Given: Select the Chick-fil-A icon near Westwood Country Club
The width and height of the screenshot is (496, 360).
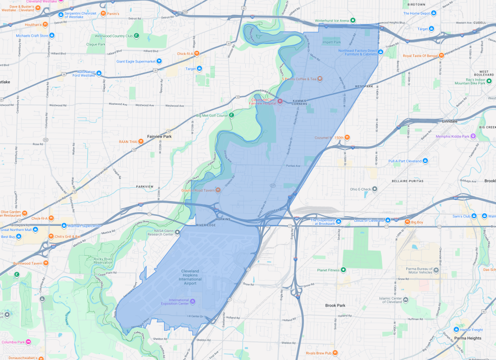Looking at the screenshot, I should [197, 53].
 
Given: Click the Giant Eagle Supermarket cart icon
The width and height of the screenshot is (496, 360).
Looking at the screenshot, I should [159, 62].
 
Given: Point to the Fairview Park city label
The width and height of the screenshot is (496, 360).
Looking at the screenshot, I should [159, 137].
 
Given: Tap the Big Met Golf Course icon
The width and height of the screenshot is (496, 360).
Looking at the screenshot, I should [232, 115].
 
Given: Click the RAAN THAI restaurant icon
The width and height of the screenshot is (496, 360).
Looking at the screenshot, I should [141, 142].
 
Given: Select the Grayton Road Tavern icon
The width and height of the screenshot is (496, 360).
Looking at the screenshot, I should [218, 190].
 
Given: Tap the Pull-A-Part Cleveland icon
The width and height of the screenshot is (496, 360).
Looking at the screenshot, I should [425, 161].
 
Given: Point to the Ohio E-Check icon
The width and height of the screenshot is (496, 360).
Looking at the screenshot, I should [374, 190].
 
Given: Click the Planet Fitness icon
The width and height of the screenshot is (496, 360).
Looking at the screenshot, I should [344, 270].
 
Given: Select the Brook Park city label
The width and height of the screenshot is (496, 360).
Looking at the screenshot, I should [335, 306].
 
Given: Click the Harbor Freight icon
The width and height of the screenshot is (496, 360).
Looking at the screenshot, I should [457, 330].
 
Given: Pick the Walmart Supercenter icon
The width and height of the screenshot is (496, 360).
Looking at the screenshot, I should [64, 225].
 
